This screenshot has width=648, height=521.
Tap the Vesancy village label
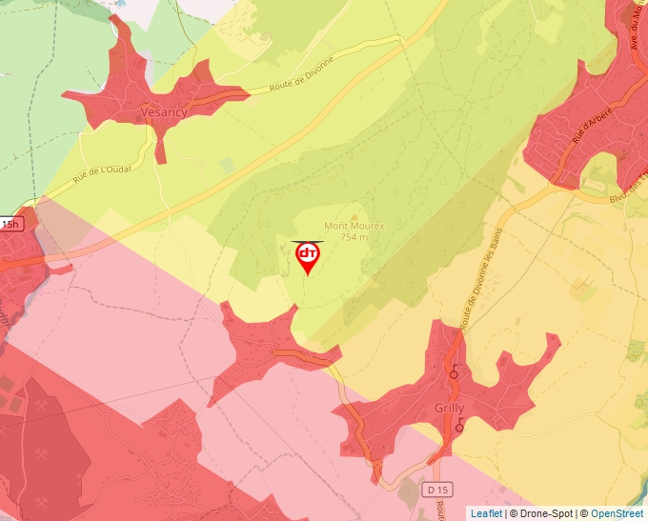(162, 111)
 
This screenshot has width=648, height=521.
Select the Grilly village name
(449, 409)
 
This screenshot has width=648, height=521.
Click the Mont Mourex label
(354, 226)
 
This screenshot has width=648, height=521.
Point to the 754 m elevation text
(354, 237)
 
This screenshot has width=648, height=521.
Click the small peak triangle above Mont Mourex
(354, 215)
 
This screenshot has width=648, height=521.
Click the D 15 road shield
(436, 490)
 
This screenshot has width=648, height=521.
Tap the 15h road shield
(10, 224)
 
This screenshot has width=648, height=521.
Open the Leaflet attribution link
(486, 513)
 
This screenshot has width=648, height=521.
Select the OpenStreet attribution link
(617, 513)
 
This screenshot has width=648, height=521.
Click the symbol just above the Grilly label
(454, 373)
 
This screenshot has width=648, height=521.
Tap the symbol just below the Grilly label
(460, 428)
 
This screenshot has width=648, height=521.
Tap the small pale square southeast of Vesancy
(228, 164)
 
